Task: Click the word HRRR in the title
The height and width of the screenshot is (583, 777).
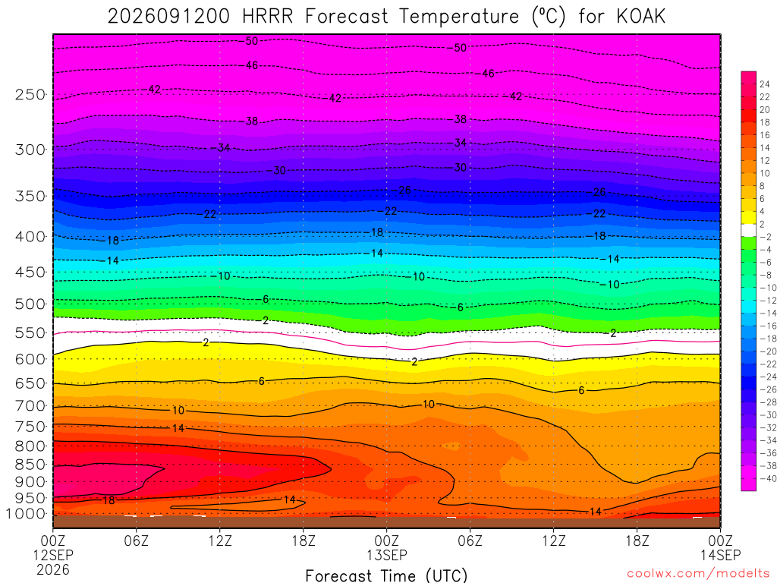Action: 268,17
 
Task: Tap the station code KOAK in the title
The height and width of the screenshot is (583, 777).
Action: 640,17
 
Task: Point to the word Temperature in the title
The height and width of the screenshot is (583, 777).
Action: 458,17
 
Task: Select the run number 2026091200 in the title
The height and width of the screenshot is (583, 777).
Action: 169,17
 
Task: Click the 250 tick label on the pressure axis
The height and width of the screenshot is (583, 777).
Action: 30,94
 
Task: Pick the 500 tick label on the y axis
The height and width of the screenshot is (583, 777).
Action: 30,304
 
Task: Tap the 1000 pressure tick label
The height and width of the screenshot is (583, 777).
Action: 26,514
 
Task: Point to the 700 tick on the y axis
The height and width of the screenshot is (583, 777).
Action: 30,406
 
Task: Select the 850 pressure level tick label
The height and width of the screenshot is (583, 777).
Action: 30,465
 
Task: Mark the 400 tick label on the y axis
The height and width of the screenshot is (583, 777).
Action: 30,237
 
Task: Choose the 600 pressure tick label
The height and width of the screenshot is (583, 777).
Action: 30,359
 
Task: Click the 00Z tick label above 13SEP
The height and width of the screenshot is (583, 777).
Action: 386,540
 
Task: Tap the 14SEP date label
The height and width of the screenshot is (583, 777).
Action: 721,555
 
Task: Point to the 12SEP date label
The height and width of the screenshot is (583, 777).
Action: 53,555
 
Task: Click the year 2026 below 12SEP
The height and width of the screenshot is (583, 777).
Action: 53,569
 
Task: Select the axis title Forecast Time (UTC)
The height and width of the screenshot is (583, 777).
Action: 386,575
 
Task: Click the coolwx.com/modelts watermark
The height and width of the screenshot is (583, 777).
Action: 698,574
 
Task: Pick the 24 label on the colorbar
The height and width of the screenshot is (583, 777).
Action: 765,84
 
